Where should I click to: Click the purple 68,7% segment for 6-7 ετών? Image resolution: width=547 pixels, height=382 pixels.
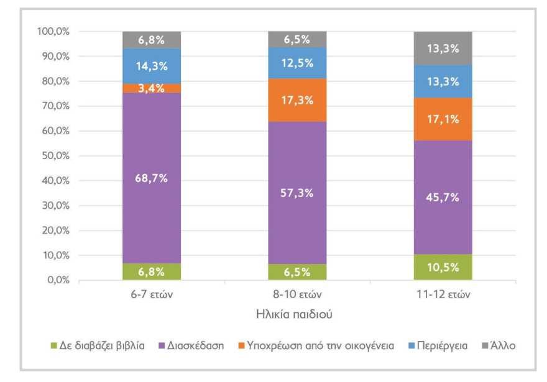click(151, 178)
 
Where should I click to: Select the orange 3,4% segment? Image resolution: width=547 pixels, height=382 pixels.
click(151, 88)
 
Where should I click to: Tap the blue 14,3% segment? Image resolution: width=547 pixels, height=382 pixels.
click(151, 66)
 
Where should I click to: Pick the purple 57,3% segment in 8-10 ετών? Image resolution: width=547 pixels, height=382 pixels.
click(297, 193)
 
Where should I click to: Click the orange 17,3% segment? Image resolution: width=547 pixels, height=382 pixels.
click(297, 100)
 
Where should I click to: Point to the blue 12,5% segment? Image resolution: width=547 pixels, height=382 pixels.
click(297, 63)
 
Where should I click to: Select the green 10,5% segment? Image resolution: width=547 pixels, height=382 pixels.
click(443, 268)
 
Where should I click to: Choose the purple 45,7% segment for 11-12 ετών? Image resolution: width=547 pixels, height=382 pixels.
click(443, 198)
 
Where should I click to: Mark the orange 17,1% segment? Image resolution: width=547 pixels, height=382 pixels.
click(443, 119)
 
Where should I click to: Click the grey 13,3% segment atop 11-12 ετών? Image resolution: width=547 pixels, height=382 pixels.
click(443, 48)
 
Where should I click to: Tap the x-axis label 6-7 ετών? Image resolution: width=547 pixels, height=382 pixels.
click(151, 294)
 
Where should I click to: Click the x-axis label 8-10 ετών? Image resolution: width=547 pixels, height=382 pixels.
click(297, 294)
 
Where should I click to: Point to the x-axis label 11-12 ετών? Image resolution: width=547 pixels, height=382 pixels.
click(443, 294)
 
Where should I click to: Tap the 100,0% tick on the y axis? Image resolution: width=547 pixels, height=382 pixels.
click(53, 31)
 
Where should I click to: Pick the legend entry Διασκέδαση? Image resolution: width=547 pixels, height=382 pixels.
click(192, 345)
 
